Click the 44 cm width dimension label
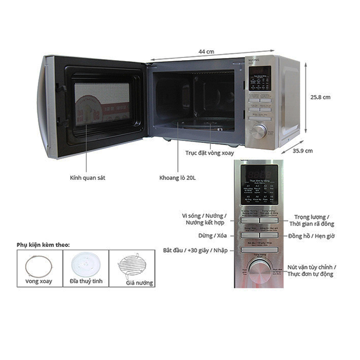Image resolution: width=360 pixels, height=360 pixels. point(206,51)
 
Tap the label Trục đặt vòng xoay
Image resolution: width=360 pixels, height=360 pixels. point(210,153)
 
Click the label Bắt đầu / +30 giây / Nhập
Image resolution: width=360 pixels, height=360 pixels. point(195,250)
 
